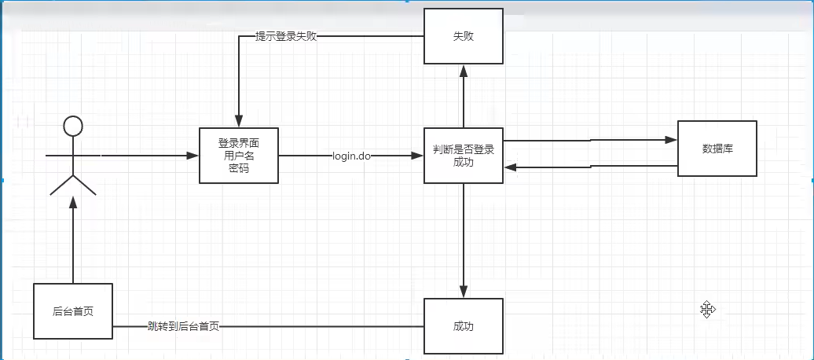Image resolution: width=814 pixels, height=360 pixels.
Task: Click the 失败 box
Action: [x=464, y=36]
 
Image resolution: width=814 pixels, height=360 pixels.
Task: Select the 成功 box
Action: [x=464, y=325]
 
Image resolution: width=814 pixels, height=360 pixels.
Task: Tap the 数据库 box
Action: [x=717, y=148]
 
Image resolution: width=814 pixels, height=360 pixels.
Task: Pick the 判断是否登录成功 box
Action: [x=464, y=156]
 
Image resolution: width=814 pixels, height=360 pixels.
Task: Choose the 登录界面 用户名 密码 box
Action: [x=238, y=156]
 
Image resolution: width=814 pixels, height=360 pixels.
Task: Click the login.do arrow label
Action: [x=351, y=156]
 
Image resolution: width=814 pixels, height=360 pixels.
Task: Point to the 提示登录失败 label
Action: [x=286, y=36]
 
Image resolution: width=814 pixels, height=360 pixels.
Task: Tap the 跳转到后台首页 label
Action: [x=183, y=325]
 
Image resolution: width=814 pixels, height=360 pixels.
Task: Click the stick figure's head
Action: [x=73, y=125]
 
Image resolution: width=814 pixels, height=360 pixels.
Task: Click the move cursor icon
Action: [x=707, y=310]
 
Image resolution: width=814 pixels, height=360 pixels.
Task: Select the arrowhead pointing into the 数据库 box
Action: [x=671, y=140]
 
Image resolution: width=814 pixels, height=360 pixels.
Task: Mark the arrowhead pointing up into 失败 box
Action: [x=464, y=70]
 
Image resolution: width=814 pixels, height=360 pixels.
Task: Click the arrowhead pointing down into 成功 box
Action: [x=464, y=292]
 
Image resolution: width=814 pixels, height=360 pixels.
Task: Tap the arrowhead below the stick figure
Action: [x=73, y=203]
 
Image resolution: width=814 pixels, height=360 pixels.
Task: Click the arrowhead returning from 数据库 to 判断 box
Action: [x=510, y=167]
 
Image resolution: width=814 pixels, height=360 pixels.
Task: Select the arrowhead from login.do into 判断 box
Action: [x=417, y=156]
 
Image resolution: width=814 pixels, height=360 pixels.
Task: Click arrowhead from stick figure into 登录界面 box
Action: [x=192, y=156]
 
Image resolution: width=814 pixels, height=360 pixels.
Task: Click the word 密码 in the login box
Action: [x=238, y=168]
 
